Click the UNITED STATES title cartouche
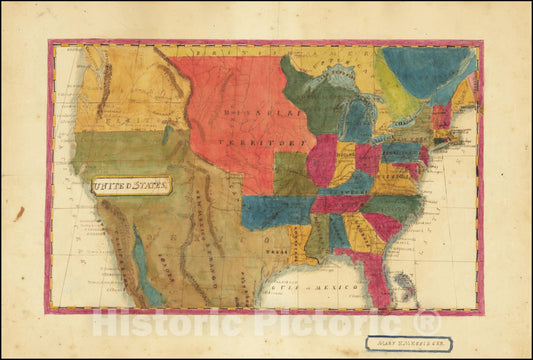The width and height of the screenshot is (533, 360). coord(131,185)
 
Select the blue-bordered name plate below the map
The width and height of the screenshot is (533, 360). coord(407,343)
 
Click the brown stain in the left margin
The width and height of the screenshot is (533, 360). coord(18,213)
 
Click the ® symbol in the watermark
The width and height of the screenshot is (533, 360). coord(427,322)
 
